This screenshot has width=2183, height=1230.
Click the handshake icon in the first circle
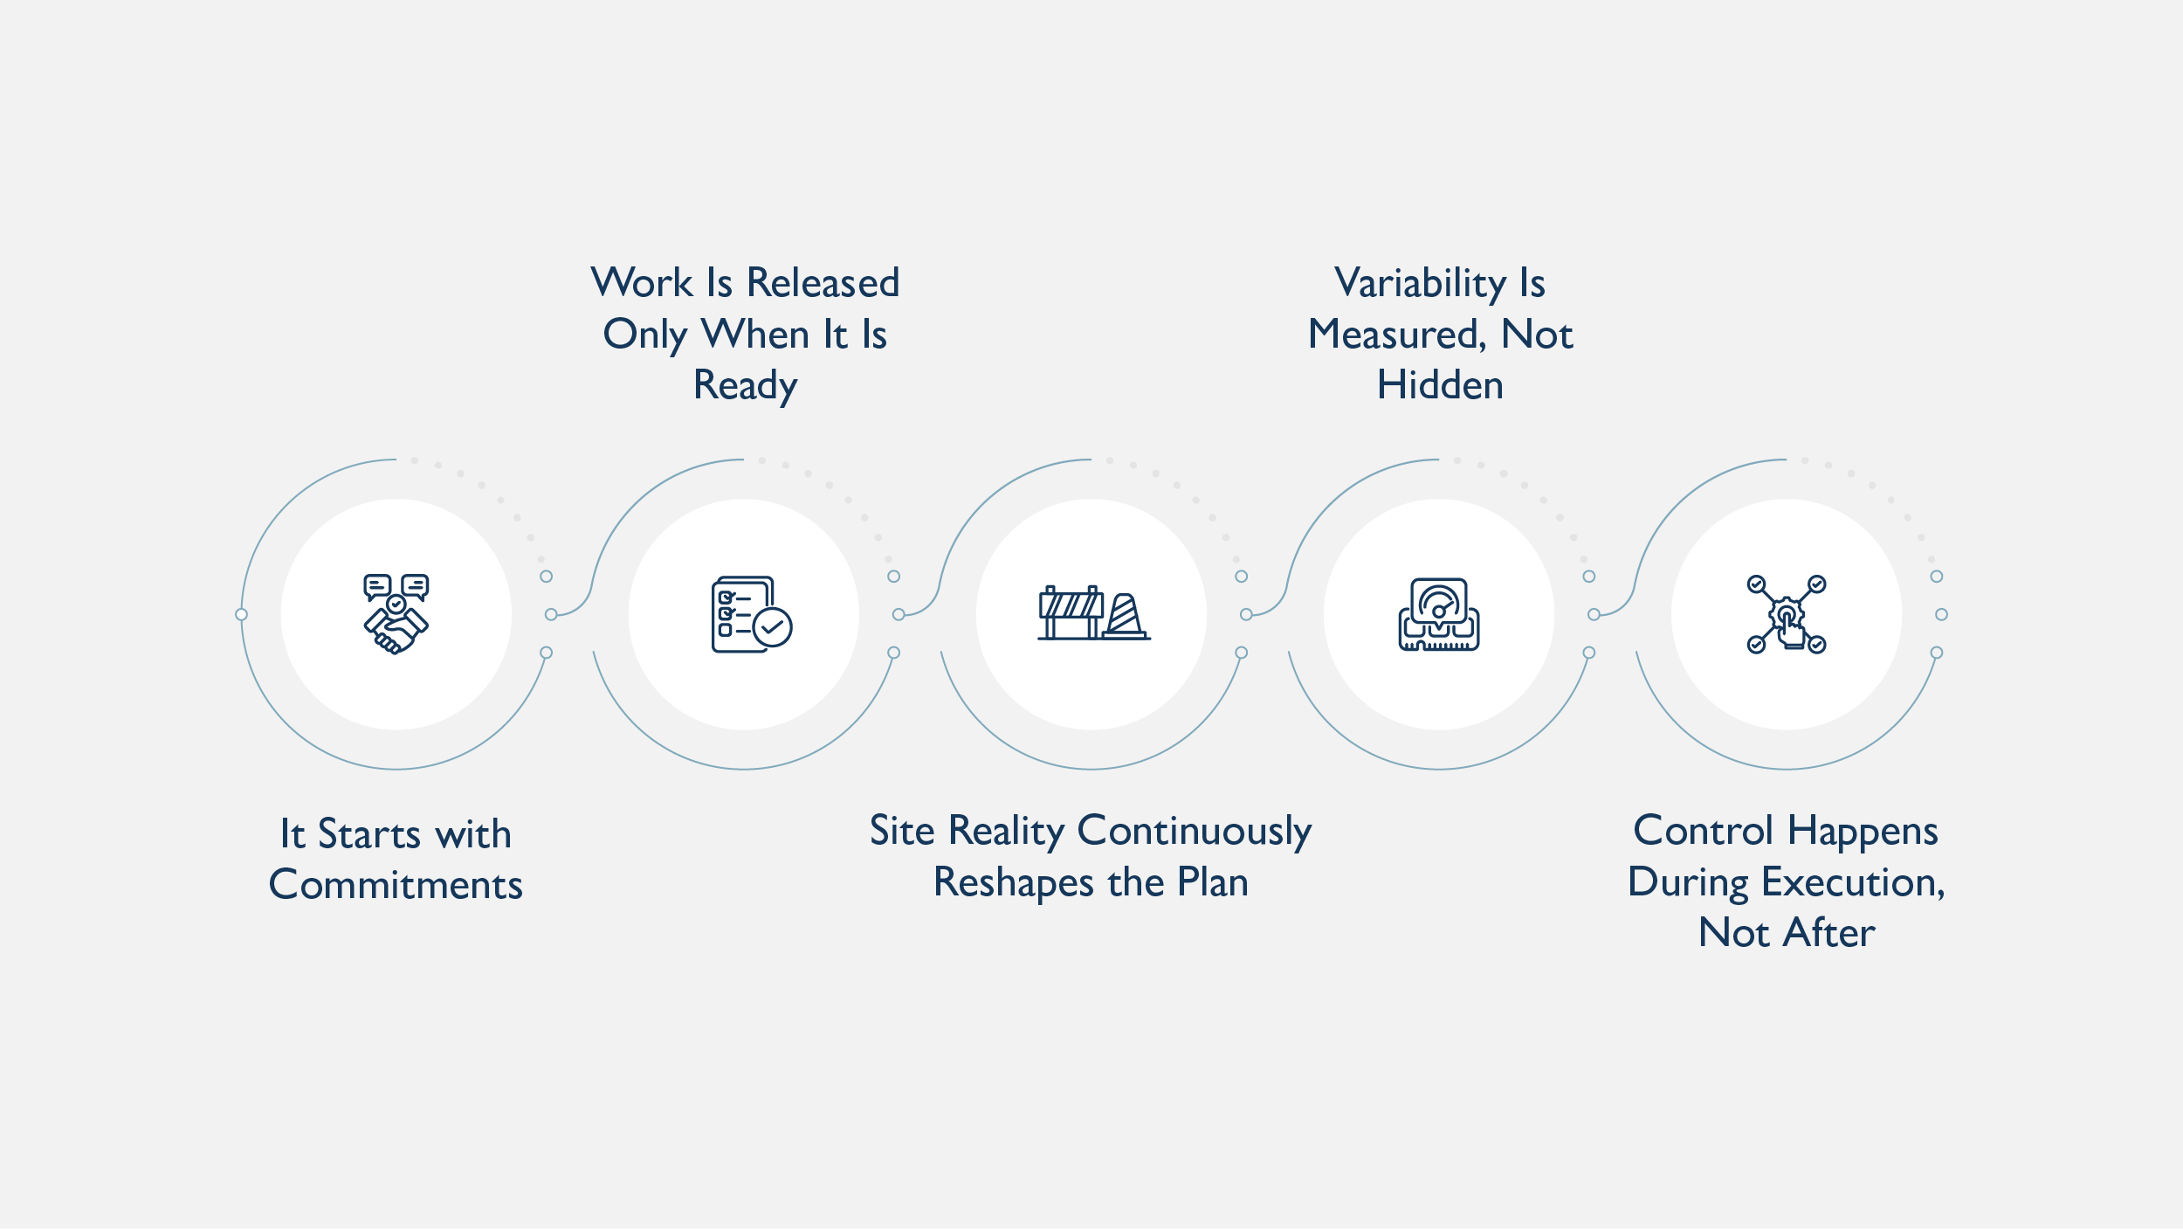[396, 613]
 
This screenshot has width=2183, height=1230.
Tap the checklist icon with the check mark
[751, 614]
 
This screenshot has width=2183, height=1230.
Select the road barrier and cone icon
[1092, 613]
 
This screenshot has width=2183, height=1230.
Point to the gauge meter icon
[1439, 614]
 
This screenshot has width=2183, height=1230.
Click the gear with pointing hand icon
[1787, 615]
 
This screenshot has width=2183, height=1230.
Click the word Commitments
[396, 885]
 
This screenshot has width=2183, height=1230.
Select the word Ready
[745, 385]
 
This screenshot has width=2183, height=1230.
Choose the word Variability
[1420, 283]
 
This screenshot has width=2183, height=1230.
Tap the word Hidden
[1440, 385]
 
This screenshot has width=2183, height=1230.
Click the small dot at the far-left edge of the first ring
[242, 615]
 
